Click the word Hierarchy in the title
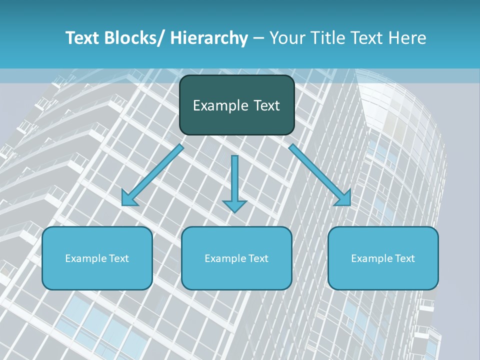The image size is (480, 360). [208, 38]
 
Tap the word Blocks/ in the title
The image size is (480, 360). [130, 38]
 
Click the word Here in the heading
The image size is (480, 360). [407, 38]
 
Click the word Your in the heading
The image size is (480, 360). [286, 38]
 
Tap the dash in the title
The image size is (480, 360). [258, 38]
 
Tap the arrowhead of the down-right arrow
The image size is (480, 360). [343, 198]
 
